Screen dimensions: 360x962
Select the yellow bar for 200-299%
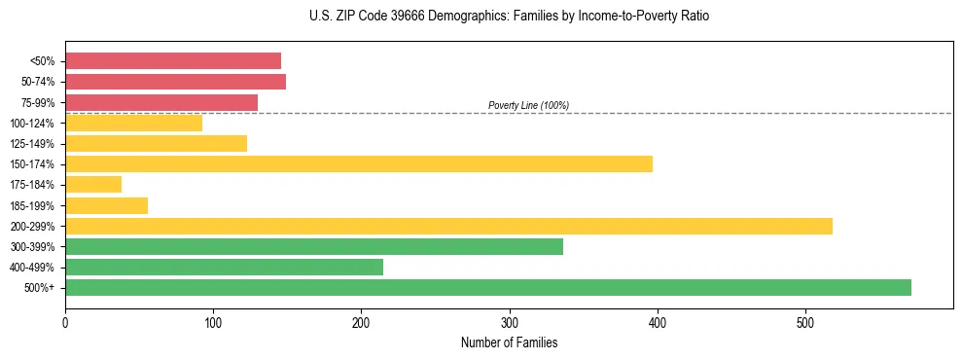point(448,226)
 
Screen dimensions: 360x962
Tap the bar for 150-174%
point(359,163)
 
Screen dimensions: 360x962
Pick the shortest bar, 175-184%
point(93,184)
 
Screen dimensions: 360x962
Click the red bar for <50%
point(173,61)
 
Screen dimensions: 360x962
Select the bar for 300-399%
point(314,246)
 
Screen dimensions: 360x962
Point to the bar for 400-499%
point(224,267)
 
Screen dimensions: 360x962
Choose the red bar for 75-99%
point(161,102)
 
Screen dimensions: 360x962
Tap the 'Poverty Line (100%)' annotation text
point(528,105)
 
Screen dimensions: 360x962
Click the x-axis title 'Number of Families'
point(509,342)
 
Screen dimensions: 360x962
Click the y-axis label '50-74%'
point(37,82)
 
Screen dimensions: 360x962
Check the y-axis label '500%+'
point(40,288)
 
